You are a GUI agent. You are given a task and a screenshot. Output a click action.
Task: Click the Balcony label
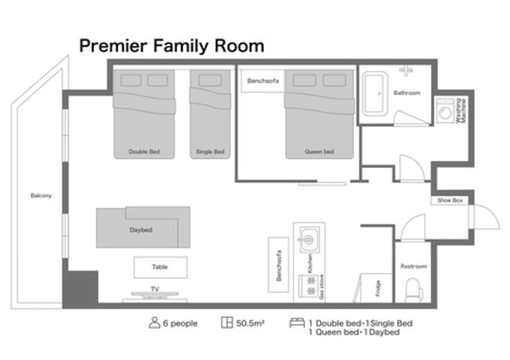(x=41, y=195)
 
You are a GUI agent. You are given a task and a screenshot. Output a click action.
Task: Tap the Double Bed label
(x=144, y=151)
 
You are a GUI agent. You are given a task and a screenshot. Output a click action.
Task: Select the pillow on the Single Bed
(x=210, y=80)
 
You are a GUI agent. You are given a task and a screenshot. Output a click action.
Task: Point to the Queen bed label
(x=320, y=151)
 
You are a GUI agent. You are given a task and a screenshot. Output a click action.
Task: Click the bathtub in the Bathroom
(x=375, y=94)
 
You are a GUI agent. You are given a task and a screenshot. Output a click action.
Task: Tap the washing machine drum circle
(x=445, y=113)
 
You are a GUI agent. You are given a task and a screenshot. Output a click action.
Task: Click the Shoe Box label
(x=449, y=201)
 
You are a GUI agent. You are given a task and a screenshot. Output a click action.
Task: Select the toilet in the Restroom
(x=414, y=290)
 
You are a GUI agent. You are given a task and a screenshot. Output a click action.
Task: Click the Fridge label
(x=378, y=288)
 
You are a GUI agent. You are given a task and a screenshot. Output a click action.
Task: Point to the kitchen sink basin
(x=308, y=240)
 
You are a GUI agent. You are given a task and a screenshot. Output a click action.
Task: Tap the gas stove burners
(x=309, y=285)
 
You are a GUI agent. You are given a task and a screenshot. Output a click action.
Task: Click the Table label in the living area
(x=160, y=267)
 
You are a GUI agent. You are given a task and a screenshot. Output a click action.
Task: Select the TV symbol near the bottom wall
(x=155, y=295)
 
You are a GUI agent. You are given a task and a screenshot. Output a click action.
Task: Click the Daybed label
(x=141, y=230)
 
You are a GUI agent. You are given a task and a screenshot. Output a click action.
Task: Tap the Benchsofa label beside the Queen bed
(x=263, y=80)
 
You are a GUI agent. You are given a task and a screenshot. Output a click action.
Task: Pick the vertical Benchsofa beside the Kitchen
(x=278, y=264)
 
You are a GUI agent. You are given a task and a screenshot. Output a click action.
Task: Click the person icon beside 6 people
(x=155, y=323)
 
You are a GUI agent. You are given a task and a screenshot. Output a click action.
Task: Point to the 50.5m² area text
(x=250, y=323)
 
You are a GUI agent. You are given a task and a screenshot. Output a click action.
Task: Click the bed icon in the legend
(x=297, y=323)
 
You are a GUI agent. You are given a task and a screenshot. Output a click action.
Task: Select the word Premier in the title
(x=113, y=46)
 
